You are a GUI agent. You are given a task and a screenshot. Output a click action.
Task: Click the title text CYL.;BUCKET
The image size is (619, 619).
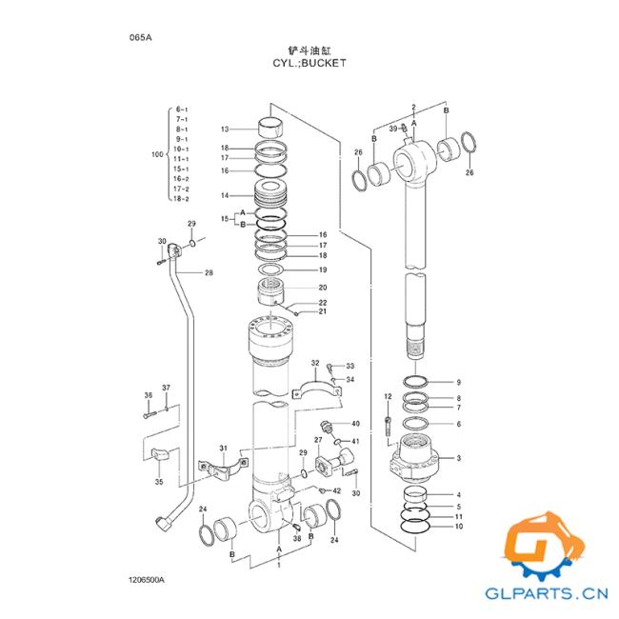(x=309, y=63)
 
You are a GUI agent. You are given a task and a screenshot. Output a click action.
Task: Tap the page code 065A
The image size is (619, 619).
(x=141, y=38)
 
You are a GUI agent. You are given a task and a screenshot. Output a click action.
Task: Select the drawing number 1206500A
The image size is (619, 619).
(x=146, y=580)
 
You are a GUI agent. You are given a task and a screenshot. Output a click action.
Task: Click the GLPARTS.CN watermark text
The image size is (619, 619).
(x=547, y=593)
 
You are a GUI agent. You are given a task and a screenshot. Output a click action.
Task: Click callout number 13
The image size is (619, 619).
(x=225, y=130)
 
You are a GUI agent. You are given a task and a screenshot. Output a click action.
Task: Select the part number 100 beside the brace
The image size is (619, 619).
(x=157, y=154)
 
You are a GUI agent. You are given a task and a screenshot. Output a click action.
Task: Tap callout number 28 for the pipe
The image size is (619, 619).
(x=209, y=272)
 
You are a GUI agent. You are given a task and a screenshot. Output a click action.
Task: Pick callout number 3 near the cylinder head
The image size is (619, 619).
(x=459, y=458)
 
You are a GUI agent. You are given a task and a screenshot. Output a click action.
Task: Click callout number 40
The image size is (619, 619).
(x=355, y=424)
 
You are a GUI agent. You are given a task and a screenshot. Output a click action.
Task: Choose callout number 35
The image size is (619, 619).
(x=159, y=482)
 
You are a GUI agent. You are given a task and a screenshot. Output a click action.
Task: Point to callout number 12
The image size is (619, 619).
(x=388, y=396)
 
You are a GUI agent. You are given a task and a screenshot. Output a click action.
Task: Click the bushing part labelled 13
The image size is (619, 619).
(x=270, y=127)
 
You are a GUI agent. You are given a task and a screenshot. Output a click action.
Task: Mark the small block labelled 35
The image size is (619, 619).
(x=160, y=454)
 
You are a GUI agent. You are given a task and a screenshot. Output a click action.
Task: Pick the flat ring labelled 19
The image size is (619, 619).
(x=270, y=270)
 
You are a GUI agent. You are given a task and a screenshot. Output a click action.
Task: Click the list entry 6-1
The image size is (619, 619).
(x=182, y=110)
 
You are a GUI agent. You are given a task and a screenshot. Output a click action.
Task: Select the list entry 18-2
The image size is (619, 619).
(x=181, y=199)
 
